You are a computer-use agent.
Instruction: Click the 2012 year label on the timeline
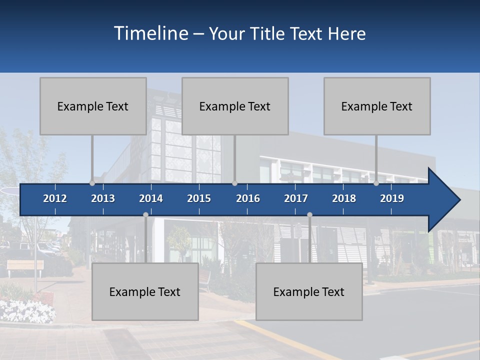[x=55, y=198]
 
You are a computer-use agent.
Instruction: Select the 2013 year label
[x=103, y=198]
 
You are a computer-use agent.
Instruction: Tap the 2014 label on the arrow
[x=151, y=198]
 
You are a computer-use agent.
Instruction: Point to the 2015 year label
[x=199, y=198]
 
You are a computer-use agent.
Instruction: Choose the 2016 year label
[x=248, y=198]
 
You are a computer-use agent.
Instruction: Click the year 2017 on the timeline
[x=296, y=198]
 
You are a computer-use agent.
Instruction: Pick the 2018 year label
[x=344, y=198]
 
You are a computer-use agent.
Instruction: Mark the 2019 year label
[x=392, y=198]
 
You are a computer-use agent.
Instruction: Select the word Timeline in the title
[x=150, y=33]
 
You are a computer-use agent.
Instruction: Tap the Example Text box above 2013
[x=93, y=106]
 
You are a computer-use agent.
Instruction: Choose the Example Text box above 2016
[x=235, y=106]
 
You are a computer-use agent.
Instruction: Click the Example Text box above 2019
[x=377, y=106]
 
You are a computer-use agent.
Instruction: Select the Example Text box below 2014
[x=145, y=291]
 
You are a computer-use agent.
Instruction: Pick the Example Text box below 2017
[x=309, y=291]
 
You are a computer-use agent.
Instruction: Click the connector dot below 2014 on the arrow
[x=145, y=215]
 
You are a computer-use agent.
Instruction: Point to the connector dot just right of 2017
[x=309, y=215]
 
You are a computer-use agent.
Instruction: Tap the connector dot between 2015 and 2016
[x=235, y=183]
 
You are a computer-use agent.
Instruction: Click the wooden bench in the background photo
[x=25, y=266]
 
